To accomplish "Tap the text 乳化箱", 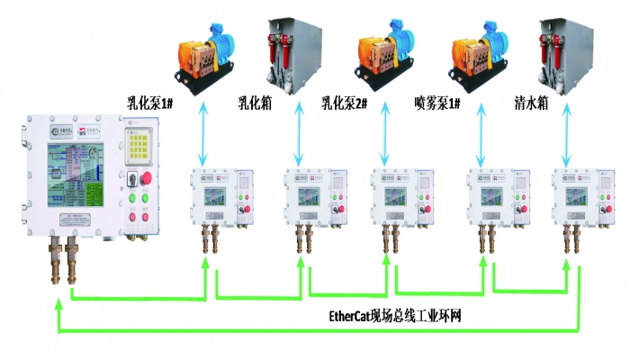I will pos(255,103).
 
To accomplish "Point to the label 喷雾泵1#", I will pos(438,103).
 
